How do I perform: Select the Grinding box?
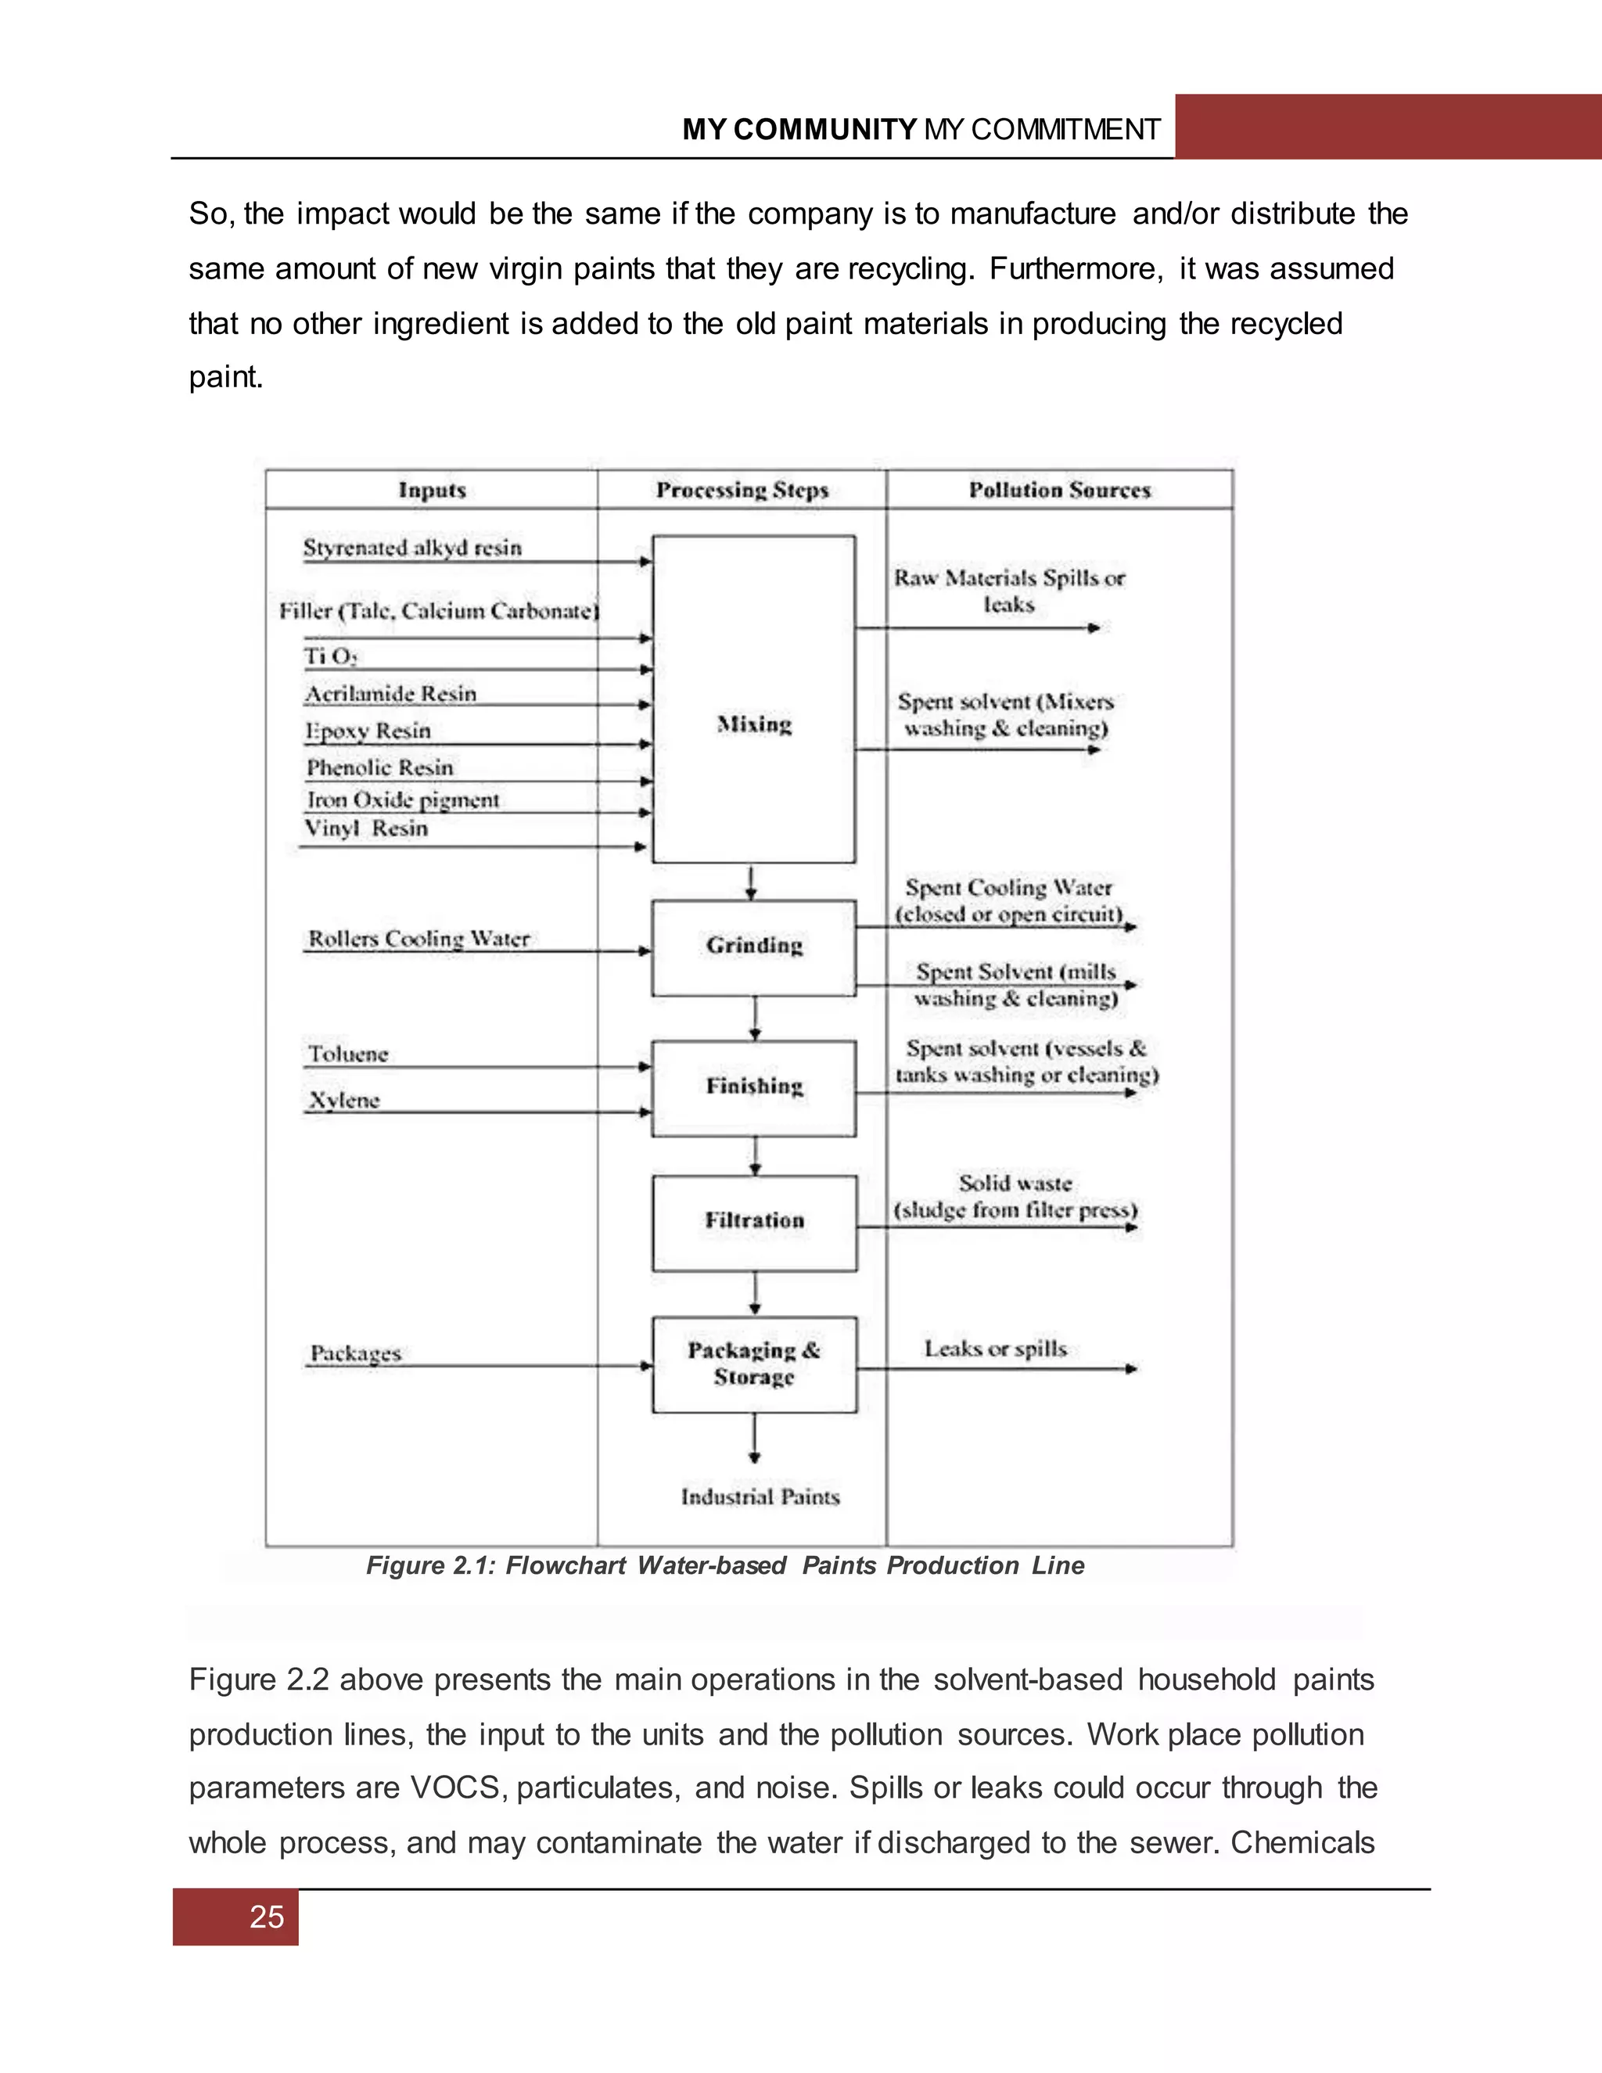coord(753,947)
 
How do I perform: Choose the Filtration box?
coord(753,1222)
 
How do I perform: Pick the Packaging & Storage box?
coord(753,1364)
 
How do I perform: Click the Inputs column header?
coord(432,490)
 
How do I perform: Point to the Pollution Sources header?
coord(1059,490)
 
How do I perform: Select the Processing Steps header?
coord(742,490)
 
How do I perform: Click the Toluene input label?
coord(348,1054)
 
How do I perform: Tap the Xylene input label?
coord(343,1100)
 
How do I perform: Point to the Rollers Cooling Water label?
coord(418,939)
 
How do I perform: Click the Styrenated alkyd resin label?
coord(412,548)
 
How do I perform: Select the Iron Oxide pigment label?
coord(402,800)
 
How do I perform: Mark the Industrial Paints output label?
coord(760,1496)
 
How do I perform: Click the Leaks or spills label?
coord(996,1349)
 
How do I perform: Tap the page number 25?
coord(267,1917)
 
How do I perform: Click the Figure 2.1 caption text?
coord(725,1565)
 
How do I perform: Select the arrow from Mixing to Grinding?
coord(752,882)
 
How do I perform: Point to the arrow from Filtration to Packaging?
coord(755,1294)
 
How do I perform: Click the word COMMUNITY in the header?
coord(824,129)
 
